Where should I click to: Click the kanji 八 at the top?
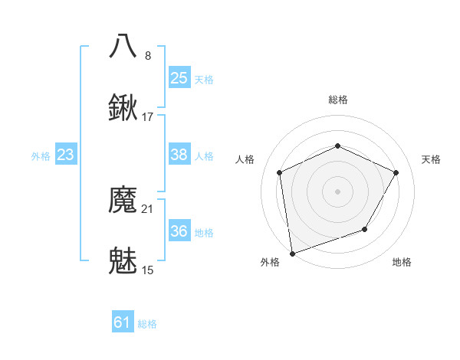pos(123,46)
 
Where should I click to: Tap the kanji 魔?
pos(123,201)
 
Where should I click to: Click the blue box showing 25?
pos(179,78)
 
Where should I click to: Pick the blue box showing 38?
pos(179,155)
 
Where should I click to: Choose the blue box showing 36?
pos(179,231)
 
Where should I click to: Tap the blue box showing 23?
pos(65,155)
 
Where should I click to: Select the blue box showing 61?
pos(122,322)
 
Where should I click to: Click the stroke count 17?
pos(148,117)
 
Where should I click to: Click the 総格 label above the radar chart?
pos(337,100)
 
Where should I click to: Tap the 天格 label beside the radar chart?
pos(431,159)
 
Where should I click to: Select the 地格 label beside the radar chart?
pos(402,262)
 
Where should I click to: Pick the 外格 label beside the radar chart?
pos(270,262)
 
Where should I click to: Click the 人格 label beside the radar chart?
pos(245,159)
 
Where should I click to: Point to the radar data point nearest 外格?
pos(292,253)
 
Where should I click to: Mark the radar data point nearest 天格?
pos(396,172)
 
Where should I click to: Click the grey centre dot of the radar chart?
pos(337,191)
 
